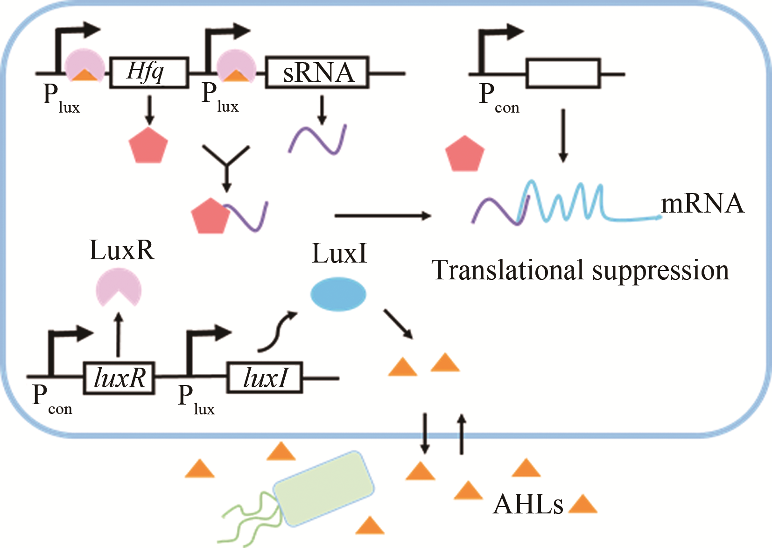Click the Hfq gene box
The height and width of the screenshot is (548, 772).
tap(149, 72)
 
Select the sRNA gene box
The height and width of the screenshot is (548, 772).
tap(317, 72)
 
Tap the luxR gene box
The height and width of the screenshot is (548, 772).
tap(119, 378)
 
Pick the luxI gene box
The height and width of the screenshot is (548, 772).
tap(265, 378)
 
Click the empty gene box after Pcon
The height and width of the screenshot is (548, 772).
tap(563, 73)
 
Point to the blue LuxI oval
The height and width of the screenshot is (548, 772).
tap(338, 294)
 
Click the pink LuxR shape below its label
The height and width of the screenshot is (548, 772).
tap(119, 286)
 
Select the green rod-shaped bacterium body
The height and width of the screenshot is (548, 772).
tap(323, 489)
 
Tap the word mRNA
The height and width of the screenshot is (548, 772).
tap(702, 204)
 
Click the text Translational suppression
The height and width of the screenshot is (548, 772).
tap(580, 270)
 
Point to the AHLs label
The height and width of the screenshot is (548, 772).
tap(528, 505)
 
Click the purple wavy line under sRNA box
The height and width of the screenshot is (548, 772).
tap(317, 139)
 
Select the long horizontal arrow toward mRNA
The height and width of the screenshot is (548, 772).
tap(383, 215)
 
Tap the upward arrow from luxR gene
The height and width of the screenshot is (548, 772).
tap(119, 335)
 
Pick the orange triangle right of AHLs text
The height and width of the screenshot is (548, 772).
tap(583, 505)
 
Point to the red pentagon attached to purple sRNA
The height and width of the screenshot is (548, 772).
tap(210, 216)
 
